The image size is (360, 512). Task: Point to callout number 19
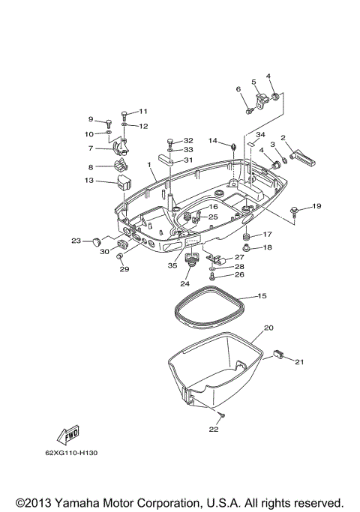(x=316, y=206)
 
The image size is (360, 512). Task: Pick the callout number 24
(x=184, y=284)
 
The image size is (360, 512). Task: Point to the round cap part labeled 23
(x=97, y=241)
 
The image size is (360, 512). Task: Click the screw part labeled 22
(x=222, y=416)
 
